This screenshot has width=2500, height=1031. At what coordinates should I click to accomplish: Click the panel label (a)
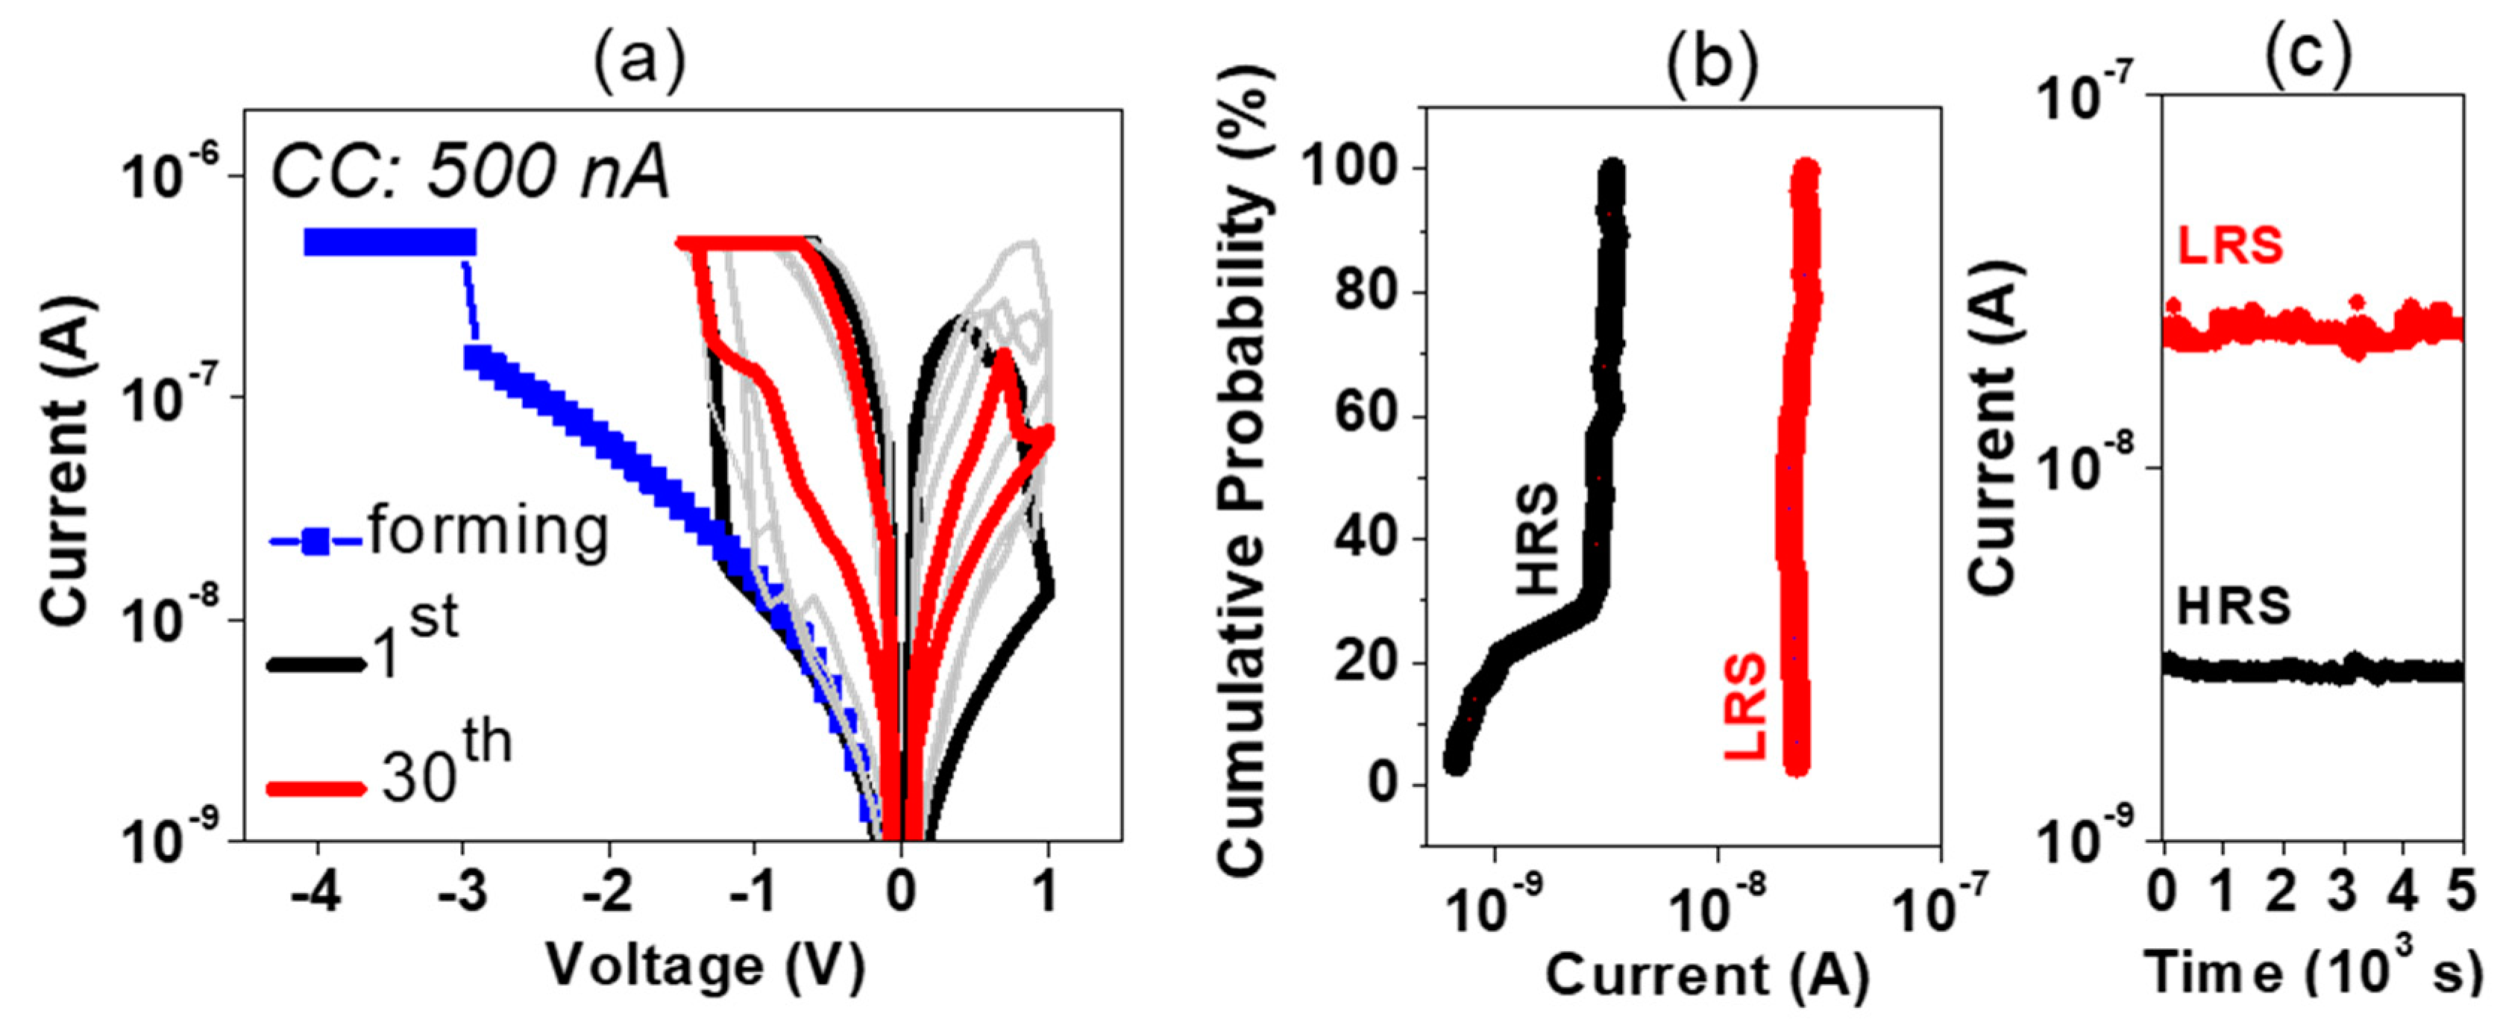pyautogui.click(x=640, y=60)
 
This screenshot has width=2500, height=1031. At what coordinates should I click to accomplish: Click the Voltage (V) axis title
pyautogui.click(x=706, y=966)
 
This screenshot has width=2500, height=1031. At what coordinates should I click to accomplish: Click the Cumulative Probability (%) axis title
pyautogui.click(x=1243, y=471)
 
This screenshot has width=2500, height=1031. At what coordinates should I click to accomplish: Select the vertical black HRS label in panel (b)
pyautogui.click(x=1537, y=539)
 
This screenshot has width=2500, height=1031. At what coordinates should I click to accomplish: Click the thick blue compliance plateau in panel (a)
pyautogui.click(x=390, y=242)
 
